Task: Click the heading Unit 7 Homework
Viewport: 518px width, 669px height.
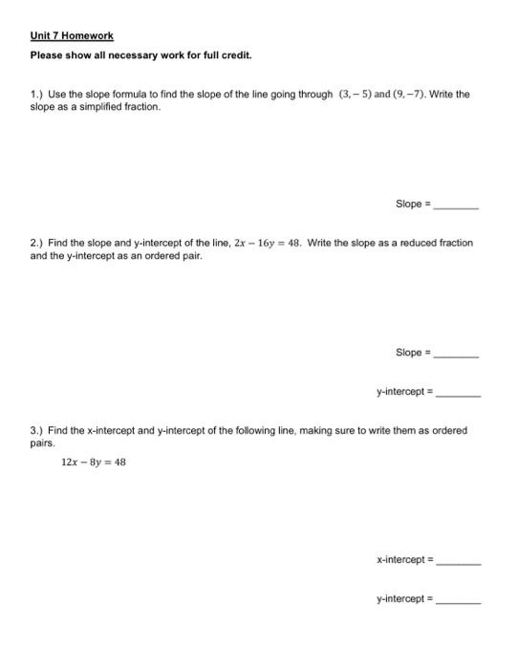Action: pos(71,35)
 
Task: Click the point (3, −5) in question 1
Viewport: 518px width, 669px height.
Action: pos(358,95)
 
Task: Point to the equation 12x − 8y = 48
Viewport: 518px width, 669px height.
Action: pos(93,462)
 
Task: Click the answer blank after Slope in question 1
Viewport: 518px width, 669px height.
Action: pos(457,205)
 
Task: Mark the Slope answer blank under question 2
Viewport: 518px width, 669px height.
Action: pos(457,354)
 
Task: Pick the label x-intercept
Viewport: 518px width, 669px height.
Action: pos(401,560)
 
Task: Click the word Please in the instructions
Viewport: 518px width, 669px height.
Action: pos(45,55)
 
